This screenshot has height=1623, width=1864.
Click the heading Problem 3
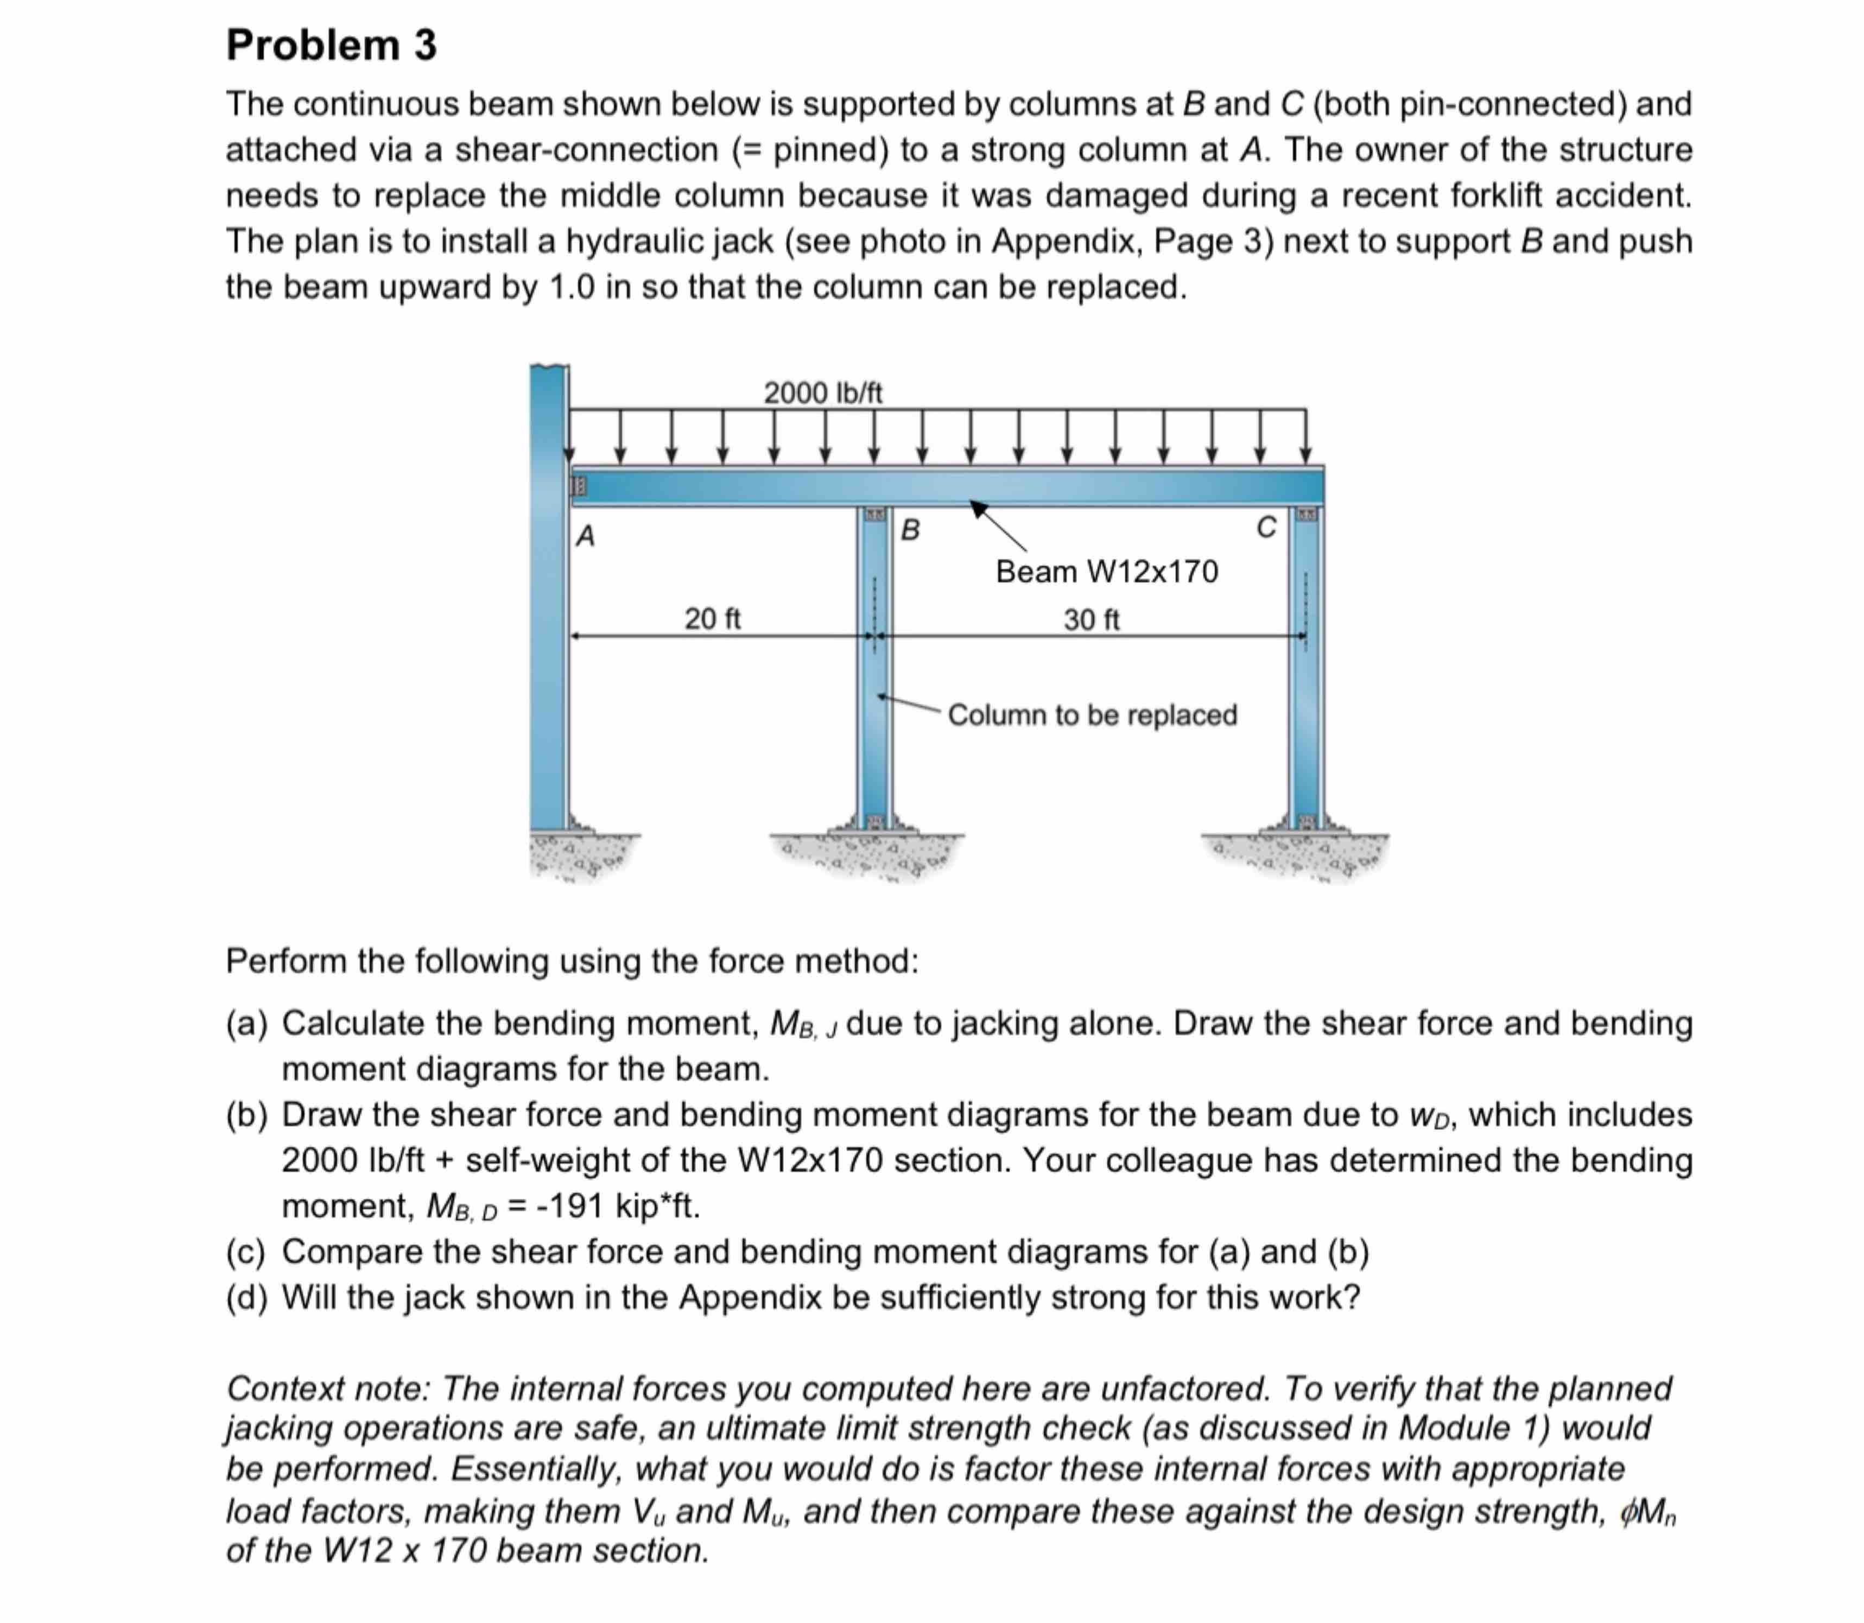pyautogui.click(x=332, y=45)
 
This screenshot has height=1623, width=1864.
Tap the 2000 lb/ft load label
pyautogui.click(x=822, y=393)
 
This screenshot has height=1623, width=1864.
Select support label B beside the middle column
pyautogui.click(x=910, y=530)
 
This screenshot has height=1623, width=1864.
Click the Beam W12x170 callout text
pyautogui.click(x=1107, y=572)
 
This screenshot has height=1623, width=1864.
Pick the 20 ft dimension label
pyautogui.click(x=712, y=619)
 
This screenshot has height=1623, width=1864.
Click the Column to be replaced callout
pyautogui.click(x=1092, y=714)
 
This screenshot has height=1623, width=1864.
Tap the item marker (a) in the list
pyautogui.click(x=246, y=1023)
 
